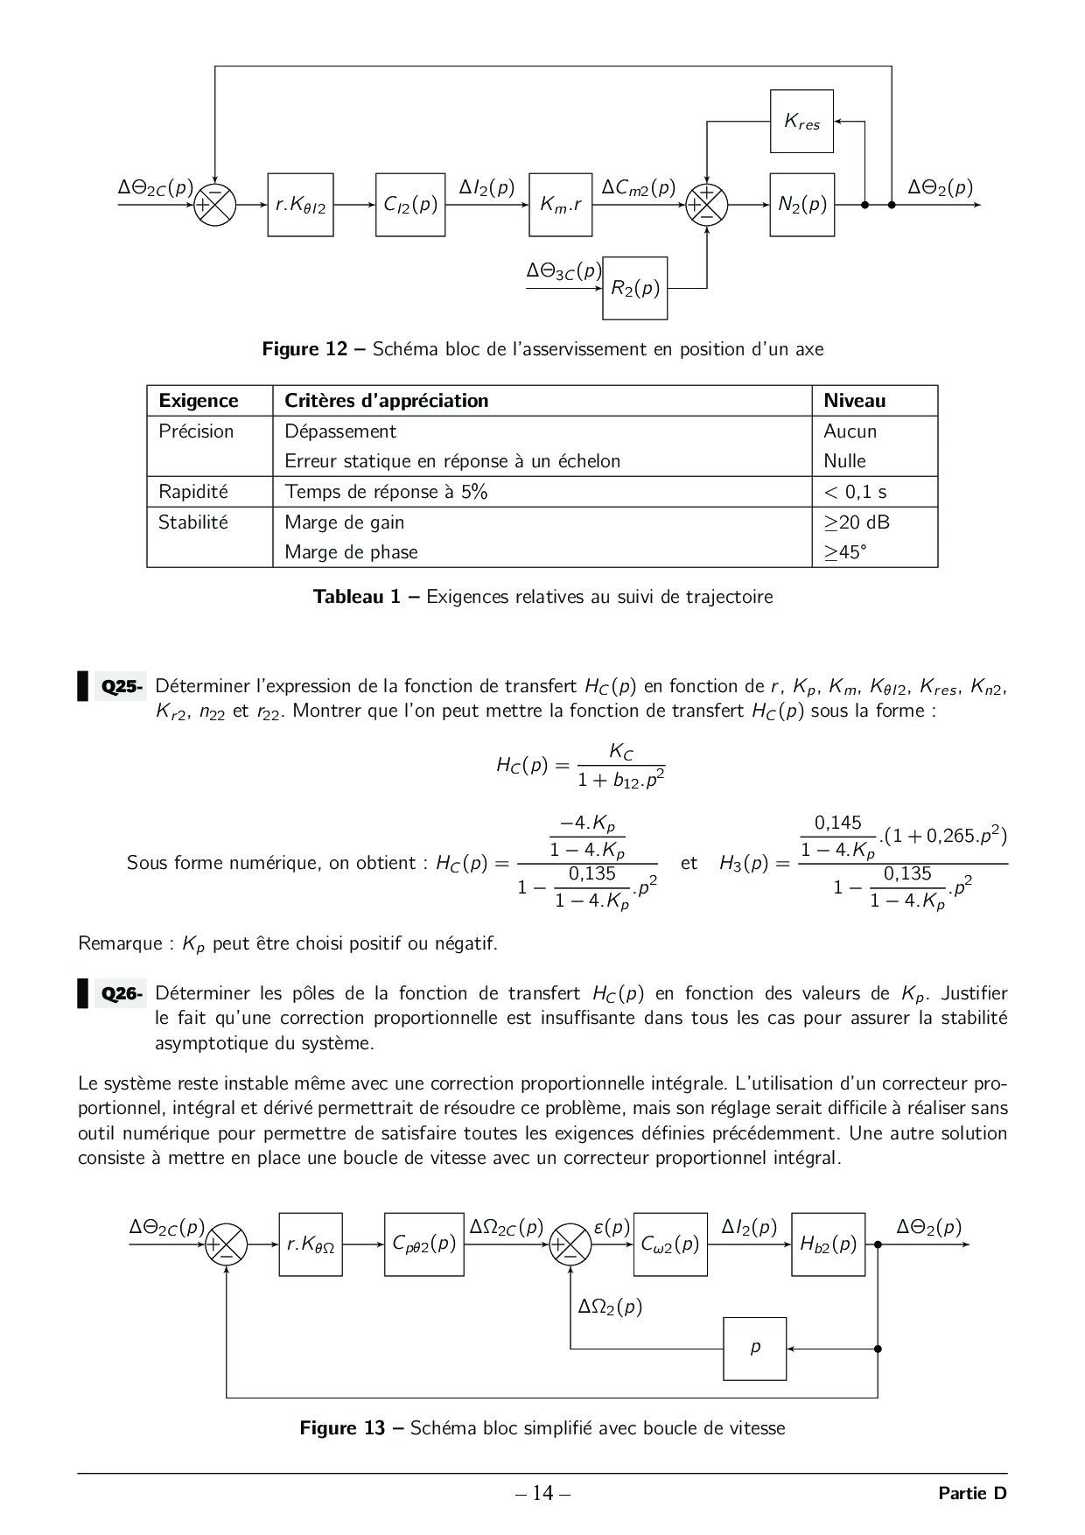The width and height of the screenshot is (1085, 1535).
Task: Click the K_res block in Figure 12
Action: click(x=801, y=122)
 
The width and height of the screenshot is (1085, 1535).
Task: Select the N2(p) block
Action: click(x=801, y=205)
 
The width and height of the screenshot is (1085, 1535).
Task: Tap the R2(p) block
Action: click(x=635, y=288)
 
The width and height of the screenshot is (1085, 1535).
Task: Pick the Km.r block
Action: click(x=561, y=205)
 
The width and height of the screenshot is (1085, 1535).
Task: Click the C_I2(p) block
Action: click(x=409, y=205)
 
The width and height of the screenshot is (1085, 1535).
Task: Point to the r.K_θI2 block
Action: click(x=300, y=205)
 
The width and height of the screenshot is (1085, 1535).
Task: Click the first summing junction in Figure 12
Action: click(x=214, y=205)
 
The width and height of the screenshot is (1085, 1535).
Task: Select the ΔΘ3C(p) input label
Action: click(x=563, y=271)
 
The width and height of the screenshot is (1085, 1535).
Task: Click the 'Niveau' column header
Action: click(x=854, y=401)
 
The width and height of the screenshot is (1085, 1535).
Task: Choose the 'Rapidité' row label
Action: click(x=192, y=492)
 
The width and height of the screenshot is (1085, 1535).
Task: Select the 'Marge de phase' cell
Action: click(x=351, y=552)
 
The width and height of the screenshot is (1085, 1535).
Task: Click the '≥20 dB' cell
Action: click(x=857, y=522)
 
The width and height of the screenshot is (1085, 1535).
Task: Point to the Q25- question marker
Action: click(x=122, y=686)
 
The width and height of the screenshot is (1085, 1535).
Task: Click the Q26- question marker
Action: click(x=122, y=993)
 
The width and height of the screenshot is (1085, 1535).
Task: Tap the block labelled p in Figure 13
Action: click(x=755, y=1349)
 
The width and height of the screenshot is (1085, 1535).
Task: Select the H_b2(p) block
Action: click(x=828, y=1244)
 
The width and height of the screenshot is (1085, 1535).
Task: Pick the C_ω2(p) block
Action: click(x=670, y=1244)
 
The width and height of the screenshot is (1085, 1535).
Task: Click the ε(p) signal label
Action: click(x=612, y=1227)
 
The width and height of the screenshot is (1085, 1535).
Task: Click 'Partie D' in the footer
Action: click(x=972, y=1493)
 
